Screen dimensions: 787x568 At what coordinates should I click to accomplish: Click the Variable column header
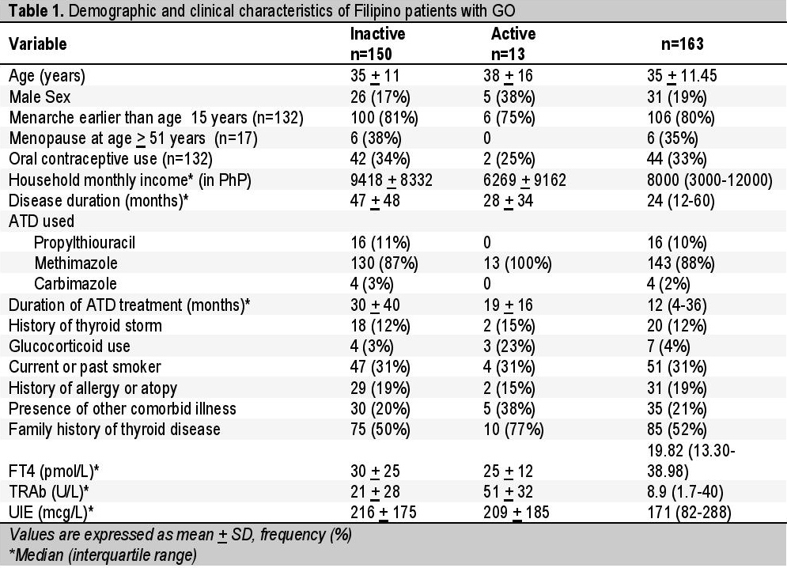coord(38,44)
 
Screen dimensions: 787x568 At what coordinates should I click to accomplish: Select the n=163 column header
coord(682,44)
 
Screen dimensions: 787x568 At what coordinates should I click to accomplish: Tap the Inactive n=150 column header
coord(377,44)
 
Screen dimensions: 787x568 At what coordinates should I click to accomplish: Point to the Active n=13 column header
coord(513,44)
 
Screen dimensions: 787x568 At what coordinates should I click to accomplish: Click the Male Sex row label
coord(40,97)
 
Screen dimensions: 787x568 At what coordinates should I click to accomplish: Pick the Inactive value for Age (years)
coord(375,76)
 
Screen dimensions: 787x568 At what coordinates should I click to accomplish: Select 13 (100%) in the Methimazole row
coord(517,263)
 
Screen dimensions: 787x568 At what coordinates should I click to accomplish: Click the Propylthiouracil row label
coord(85,243)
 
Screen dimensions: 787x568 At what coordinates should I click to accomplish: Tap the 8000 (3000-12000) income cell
coord(709,180)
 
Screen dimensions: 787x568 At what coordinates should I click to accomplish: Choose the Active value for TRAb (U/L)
coord(508,492)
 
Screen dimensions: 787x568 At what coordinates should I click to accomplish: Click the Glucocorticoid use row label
coord(70,346)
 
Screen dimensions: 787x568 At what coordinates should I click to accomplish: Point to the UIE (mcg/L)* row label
coord(51,513)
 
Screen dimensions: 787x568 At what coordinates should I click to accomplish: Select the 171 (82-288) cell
coord(689,513)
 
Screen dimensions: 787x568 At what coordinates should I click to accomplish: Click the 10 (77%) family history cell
coord(513,430)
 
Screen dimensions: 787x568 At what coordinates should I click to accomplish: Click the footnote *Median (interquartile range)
coord(103,555)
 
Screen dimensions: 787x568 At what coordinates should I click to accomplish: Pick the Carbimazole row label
coord(75,284)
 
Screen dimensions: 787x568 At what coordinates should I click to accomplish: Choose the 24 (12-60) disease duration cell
coord(680,201)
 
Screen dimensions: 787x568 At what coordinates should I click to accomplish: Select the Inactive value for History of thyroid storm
coord(380,325)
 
